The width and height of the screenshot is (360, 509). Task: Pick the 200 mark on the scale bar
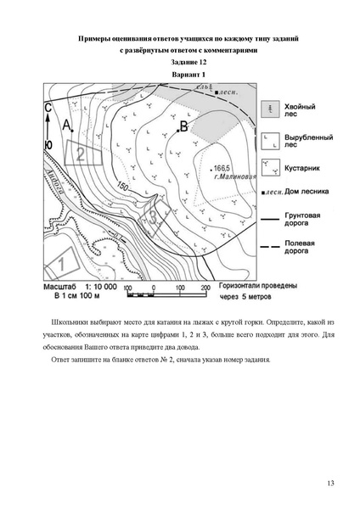tap(205, 288)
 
